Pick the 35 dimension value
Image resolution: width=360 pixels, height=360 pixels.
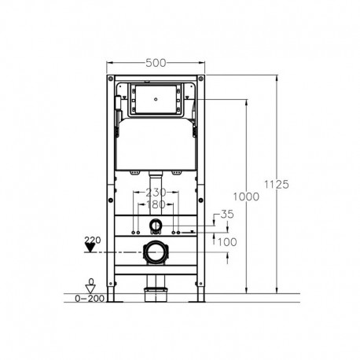click(228, 213)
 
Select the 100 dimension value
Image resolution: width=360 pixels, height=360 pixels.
click(228, 242)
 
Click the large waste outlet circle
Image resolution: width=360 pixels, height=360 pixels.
click(157, 253)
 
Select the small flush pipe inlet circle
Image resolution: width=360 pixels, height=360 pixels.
click(156, 228)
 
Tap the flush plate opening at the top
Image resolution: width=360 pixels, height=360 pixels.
click(157, 100)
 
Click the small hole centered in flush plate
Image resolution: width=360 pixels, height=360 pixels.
click(157, 100)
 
